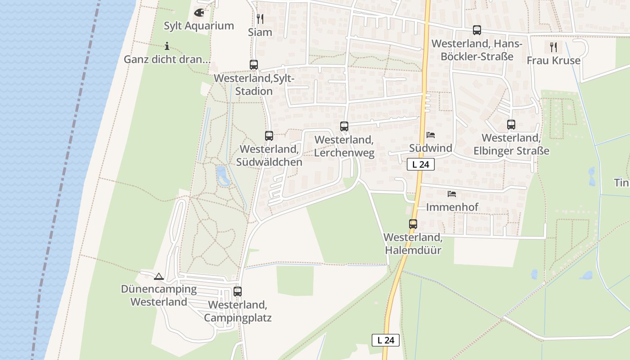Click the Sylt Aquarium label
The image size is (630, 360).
198,26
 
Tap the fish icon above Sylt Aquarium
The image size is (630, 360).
199,13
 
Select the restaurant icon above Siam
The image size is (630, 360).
260,18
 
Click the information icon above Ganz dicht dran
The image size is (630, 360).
167,46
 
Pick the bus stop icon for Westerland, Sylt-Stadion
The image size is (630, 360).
254,65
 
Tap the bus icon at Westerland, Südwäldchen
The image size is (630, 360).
269,135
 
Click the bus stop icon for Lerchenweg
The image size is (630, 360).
344,126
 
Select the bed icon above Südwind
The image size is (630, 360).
431,135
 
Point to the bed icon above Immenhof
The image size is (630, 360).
452,194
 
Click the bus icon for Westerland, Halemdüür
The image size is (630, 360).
413,224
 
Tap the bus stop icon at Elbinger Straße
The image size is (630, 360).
511,125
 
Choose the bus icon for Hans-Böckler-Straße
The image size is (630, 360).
477,30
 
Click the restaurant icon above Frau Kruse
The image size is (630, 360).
553,46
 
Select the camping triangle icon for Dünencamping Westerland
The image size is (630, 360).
158,276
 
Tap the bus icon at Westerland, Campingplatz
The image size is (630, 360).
238,291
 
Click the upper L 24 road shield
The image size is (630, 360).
421,164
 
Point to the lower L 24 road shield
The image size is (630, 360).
386,340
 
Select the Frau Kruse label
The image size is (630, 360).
553,60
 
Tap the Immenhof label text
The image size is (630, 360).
452,207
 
